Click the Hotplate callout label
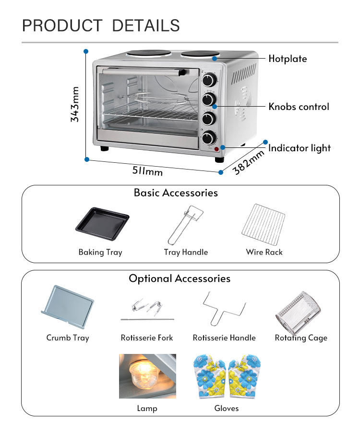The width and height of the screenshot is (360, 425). pos(287,59)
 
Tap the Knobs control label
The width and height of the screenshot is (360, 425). pos(299,107)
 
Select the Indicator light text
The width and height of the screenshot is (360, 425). pos(299,148)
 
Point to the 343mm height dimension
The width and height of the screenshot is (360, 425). pos(75,105)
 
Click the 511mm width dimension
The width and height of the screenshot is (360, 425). pos(147,170)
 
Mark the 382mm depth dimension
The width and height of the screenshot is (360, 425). pos(249,162)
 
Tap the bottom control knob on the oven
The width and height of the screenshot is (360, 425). pos(208,138)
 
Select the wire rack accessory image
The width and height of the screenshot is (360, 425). pos(264,223)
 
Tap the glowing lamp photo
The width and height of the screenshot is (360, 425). pos(147,376)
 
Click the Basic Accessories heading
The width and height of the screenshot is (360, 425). pos(176,193)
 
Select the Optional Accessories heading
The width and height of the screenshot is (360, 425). pos(180,279)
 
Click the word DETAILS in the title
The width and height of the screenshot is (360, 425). pos(146,25)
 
